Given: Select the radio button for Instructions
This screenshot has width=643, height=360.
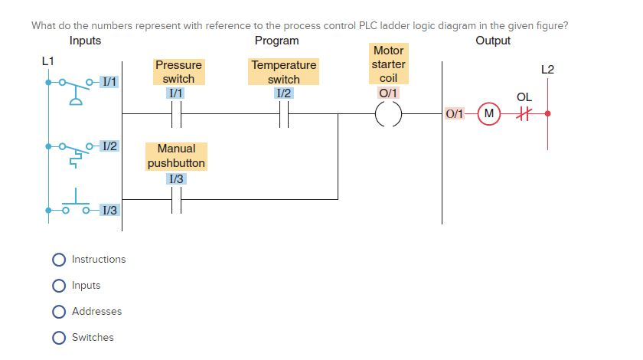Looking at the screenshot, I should click(x=59, y=260).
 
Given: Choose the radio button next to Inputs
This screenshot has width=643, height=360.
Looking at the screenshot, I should click(x=59, y=286).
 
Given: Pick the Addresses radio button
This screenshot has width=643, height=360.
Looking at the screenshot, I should click(x=59, y=312).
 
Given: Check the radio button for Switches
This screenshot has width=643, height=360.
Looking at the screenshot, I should click(x=59, y=338).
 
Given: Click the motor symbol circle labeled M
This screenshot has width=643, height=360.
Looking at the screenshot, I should click(x=488, y=114).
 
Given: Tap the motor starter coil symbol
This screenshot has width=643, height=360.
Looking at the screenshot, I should click(x=388, y=115).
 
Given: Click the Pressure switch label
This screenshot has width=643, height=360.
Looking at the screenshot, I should click(x=178, y=72).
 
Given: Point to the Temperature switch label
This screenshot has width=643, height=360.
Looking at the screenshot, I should click(x=284, y=72).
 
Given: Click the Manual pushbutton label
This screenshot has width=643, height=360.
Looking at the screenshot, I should click(x=176, y=155).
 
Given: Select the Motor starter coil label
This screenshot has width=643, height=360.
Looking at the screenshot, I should click(x=388, y=64).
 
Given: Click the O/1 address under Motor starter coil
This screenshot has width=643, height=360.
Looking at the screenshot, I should click(x=388, y=93).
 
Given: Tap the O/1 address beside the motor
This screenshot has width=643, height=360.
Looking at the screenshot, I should click(x=454, y=114).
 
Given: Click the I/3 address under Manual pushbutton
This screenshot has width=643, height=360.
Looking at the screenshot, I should click(x=176, y=178).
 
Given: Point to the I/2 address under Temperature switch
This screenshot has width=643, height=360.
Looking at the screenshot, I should click(x=284, y=93).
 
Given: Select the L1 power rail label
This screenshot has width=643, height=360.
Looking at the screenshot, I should click(x=47, y=60).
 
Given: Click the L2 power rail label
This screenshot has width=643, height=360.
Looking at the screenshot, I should click(x=547, y=70).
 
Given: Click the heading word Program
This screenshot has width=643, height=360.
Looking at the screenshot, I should click(x=276, y=41).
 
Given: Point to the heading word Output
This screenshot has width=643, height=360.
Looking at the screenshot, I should click(x=493, y=41).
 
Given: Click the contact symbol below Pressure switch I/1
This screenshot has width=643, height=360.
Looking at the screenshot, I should click(x=176, y=115).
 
